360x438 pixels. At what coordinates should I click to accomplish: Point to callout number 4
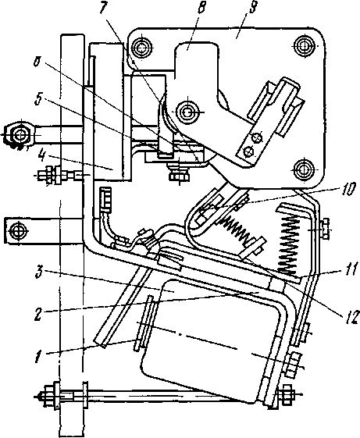tap(41, 159)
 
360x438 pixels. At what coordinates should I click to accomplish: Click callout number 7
tap(104, 9)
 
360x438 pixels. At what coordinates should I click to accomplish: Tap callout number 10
tap(348, 190)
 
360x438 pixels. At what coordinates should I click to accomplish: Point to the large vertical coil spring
tap(290, 241)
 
